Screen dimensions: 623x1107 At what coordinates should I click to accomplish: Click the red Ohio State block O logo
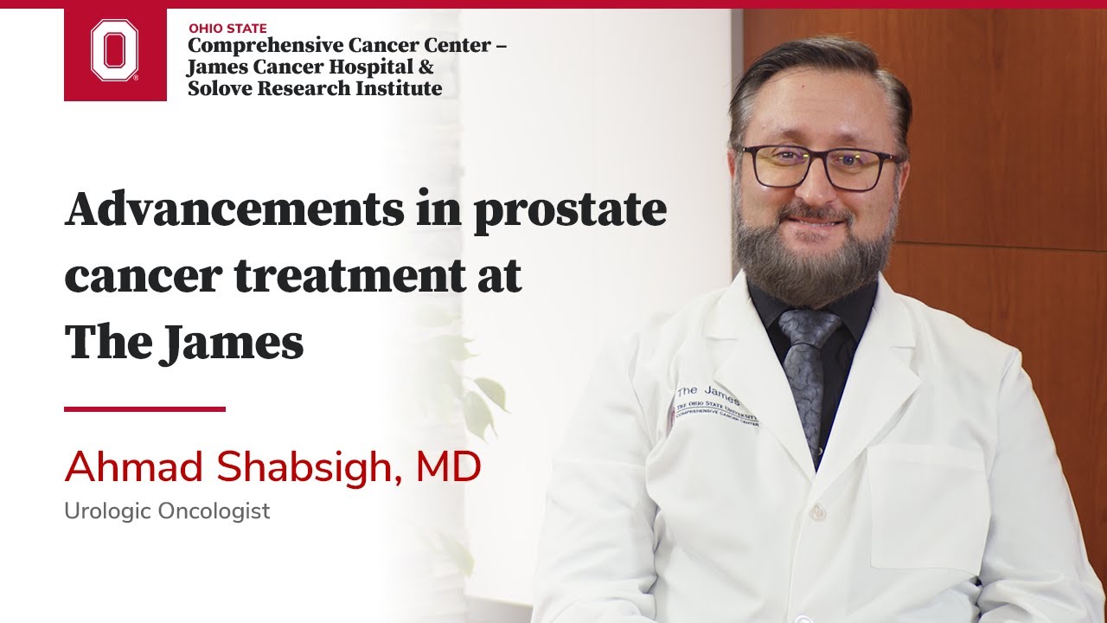115,52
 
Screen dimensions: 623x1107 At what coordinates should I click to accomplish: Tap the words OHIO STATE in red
227,28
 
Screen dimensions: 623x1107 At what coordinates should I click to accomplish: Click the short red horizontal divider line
144,408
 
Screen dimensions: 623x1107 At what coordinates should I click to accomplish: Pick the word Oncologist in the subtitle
214,511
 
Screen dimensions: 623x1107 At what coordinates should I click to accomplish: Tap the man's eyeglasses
817,166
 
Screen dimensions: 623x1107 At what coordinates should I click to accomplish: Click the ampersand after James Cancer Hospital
426,67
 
